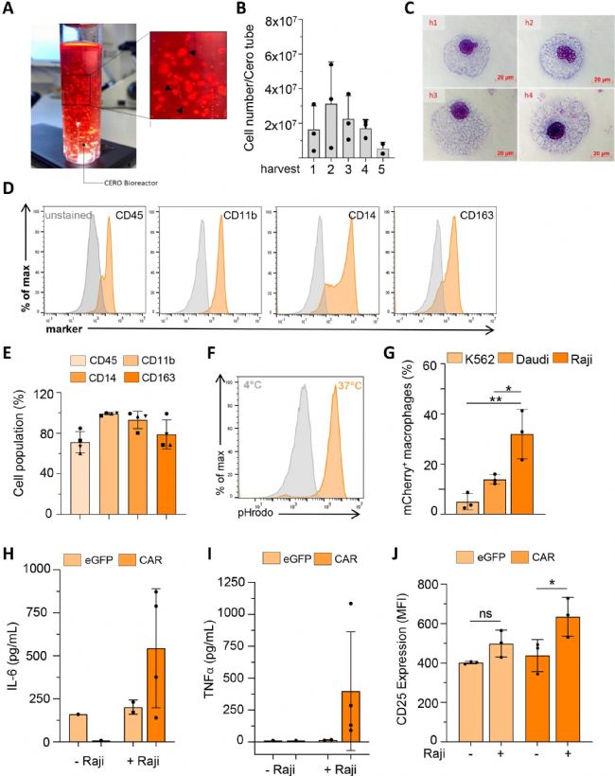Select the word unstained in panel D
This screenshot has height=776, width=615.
[67, 214]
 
